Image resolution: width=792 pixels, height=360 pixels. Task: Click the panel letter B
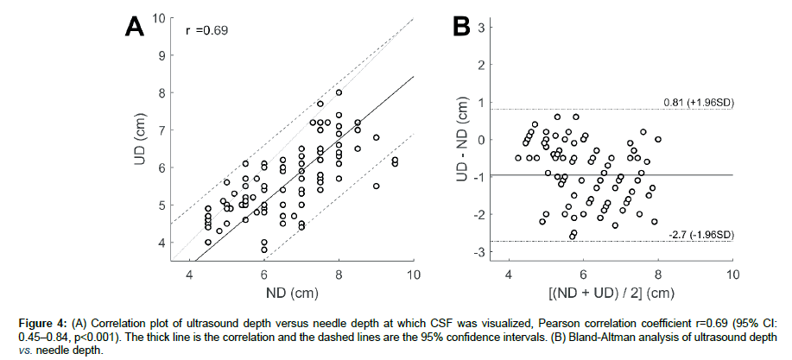click(x=466, y=27)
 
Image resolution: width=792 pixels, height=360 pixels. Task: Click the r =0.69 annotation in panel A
click(x=206, y=31)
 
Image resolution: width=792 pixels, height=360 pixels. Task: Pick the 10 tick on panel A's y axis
click(x=158, y=17)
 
